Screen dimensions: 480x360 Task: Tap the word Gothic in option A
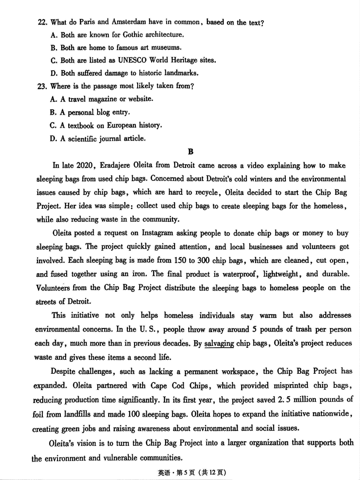129,34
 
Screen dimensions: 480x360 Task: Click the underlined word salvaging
219,344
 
